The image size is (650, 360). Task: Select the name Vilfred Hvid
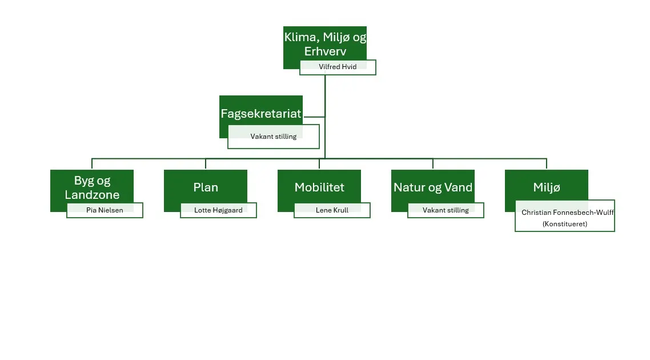coord(338,67)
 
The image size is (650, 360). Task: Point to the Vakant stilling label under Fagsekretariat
coord(273,137)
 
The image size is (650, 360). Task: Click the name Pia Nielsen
coord(105,210)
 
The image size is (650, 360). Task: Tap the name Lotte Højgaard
coord(218,210)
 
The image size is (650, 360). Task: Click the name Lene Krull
coord(332,210)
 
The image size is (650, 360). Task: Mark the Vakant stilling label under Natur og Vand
coord(446,210)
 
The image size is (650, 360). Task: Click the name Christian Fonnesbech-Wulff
coord(567,213)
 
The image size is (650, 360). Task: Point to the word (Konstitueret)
coord(564,224)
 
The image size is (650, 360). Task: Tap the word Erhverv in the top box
coord(325,51)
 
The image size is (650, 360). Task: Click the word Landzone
coord(92,195)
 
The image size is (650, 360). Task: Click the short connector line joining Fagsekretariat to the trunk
coord(314,117)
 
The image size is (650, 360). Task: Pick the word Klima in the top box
coord(299,38)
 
